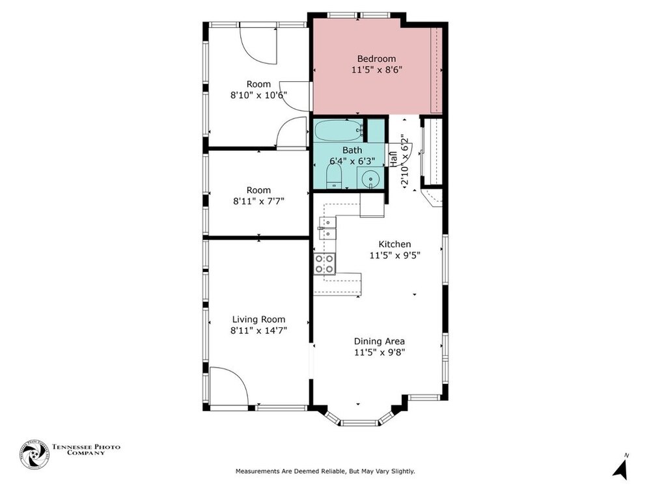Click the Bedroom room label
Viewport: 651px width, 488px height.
[376, 59]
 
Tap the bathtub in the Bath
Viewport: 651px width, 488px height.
[339, 130]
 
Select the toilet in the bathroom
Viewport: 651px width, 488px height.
[334, 177]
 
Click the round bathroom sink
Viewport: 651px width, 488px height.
[370, 180]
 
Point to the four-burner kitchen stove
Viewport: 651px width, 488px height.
[324, 264]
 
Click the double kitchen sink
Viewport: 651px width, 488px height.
[327, 228]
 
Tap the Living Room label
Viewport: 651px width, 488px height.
[258, 319]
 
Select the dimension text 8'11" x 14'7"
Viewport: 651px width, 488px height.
[258, 331]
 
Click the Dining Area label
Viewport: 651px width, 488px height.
[379, 341]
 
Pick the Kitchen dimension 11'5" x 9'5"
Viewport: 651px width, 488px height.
[395, 255]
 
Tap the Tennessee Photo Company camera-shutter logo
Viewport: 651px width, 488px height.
[34, 455]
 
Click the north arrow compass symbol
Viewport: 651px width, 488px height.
[620, 469]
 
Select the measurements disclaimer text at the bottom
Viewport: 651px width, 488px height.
[325, 471]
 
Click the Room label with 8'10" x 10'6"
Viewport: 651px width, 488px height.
[258, 84]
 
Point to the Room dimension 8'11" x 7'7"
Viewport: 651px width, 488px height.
[258, 202]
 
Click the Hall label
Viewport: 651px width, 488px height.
[393, 159]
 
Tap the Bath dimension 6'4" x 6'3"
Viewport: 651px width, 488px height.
[352, 161]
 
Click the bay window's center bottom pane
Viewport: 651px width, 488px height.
[359, 423]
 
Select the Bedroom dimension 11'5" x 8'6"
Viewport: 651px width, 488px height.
[376, 70]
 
